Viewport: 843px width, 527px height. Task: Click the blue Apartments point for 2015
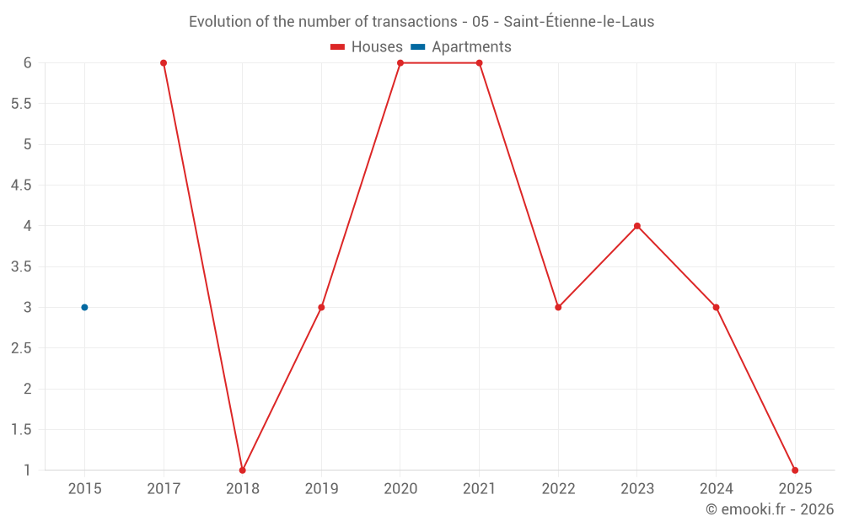pyautogui.click(x=84, y=307)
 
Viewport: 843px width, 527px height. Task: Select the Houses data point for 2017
pyautogui.click(x=164, y=63)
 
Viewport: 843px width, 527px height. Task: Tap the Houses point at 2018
pyautogui.click(x=243, y=470)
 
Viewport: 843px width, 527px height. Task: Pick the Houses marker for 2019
pyautogui.click(x=321, y=307)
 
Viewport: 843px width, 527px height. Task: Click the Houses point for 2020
pyautogui.click(x=400, y=63)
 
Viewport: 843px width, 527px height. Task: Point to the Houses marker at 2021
pyautogui.click(x=480, y=63)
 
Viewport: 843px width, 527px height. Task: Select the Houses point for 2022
pyautogui.click(x=558, y=307)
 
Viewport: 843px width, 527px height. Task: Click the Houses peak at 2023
pyautogui.click(x=637, y=226)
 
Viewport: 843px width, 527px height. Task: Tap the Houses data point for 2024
pyautogui.click(x=717, y=307)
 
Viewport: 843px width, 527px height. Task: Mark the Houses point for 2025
pyautogui.click(x=795, y=470)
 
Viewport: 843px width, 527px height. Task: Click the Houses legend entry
pyautogui.click(x=367, y=47)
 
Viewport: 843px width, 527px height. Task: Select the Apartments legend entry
pyautogui.click(x=461, y=47)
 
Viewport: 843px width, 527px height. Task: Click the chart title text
pyautogui.click(x=421, y=22)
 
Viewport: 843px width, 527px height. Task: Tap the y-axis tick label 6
pyautogui.click(x=27, y=63)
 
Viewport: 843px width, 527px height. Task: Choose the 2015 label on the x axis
pyautogui.click(x=84, y=488)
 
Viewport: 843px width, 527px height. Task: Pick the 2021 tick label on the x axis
pyautogui.click(x=480, y=488)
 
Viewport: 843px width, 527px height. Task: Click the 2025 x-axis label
pyautogui.click(x=795, y=488)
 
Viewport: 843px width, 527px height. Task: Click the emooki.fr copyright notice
pyautogui.click(x=769, y=509)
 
